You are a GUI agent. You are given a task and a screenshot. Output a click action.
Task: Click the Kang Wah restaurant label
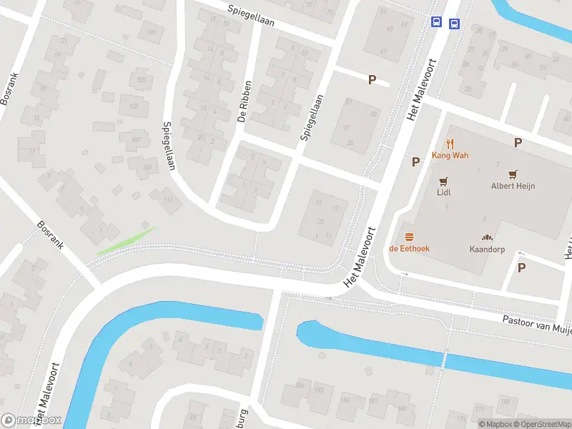450,155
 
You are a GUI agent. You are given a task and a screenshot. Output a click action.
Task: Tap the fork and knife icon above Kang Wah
450,144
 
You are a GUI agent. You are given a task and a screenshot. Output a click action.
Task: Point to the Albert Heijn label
513,186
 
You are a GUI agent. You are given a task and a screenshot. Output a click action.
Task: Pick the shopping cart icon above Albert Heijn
513,174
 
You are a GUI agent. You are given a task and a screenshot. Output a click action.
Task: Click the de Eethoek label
410,248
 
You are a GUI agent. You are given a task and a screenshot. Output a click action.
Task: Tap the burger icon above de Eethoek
410,236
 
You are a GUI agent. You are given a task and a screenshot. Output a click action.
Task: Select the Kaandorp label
487,250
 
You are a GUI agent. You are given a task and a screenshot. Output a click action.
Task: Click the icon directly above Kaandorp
488,237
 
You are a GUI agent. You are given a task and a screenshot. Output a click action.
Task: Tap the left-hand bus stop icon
436,22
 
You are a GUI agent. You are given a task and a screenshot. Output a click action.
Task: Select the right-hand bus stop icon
454,24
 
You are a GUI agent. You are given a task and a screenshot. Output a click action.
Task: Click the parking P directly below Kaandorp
521,267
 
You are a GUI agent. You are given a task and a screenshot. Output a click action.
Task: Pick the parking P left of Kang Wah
415,162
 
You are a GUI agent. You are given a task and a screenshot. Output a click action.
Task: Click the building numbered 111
167,199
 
